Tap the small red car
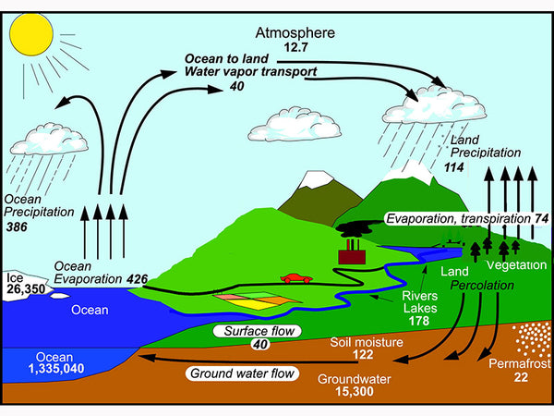295,277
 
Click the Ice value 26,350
27,289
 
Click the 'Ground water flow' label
244,374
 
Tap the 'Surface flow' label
247,330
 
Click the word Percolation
481,286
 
